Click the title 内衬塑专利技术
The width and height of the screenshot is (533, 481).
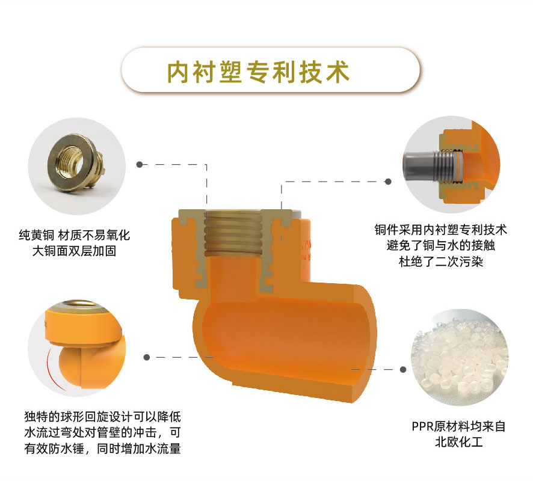click(258, 72)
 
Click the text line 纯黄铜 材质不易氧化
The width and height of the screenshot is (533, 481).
click(75, 235)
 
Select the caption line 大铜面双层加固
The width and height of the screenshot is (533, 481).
click(75, 251)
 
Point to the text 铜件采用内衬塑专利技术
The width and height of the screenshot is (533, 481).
click(441, 230)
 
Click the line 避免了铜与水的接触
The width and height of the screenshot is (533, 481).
click(441, 245)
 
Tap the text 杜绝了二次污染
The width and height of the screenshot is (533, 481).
click(441, 262)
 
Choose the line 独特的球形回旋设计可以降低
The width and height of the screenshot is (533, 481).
click(103, 417)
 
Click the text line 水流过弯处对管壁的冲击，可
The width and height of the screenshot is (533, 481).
click(103, 432)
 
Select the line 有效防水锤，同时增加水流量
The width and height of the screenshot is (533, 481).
click(103, 449)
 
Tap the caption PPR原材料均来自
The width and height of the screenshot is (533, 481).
click(459, 426)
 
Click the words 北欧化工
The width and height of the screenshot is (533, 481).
click(459, 443)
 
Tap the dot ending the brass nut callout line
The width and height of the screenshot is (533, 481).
click(140, 164)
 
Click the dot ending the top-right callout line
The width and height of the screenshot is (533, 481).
click(388, 182)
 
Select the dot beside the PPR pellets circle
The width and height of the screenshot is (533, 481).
click(403, 369)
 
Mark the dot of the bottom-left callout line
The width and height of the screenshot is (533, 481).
click(147, 357)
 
